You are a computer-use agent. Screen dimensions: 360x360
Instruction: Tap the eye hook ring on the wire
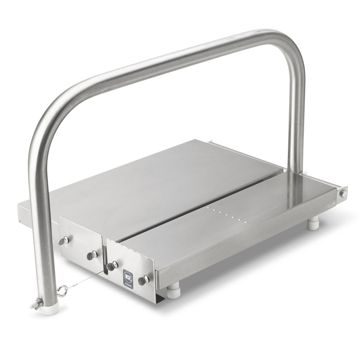point(63,289)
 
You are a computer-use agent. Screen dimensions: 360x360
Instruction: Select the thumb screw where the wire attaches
point(111,266)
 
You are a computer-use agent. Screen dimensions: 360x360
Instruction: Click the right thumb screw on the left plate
point(92,255)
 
